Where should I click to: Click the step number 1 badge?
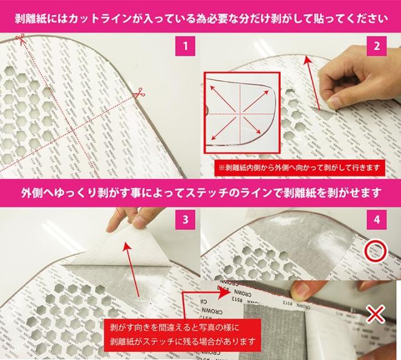tap(185, 46)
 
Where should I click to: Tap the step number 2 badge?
tap(377, 46)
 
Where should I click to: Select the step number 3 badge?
tap(185, 220)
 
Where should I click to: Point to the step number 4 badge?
tap(377, 220)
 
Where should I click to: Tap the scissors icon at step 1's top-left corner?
tap(19, 41)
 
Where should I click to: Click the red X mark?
tap(375, 314)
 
